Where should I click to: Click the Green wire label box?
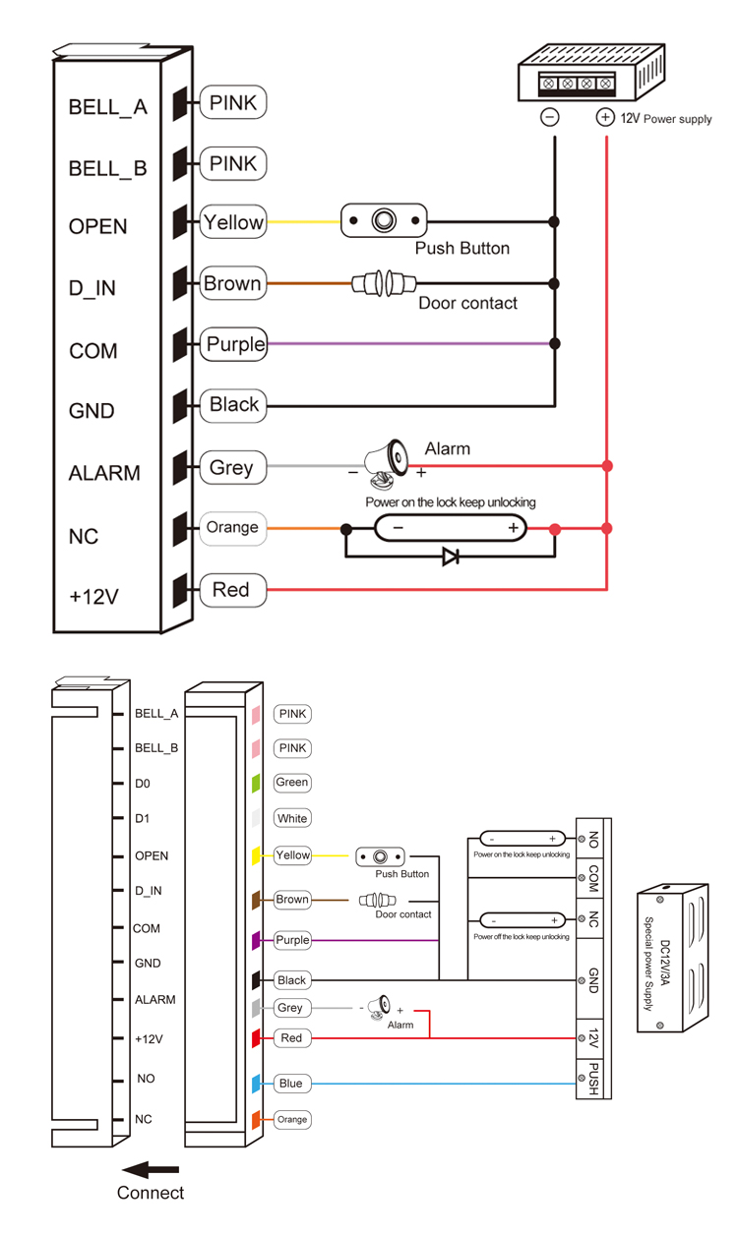click(292, 783)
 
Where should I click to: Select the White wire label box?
click(292, 818)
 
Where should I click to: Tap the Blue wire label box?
click(290, 1084)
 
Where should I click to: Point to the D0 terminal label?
click(145, 784)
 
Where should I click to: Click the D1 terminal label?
click(144, 818)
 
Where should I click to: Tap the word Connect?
click(151, 1194)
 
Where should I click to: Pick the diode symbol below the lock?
click(451, 557)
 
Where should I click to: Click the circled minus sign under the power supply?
click(550, 118)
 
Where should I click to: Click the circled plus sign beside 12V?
click(605, 118)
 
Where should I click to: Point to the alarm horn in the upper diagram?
click(385, 462)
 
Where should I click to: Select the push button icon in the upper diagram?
click(384, 221)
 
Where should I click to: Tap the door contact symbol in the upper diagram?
click(377, 284)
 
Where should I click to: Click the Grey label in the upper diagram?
click(232, 468)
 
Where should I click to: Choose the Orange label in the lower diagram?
click(292, 1120)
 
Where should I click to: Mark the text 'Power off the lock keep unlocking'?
click(521, 937)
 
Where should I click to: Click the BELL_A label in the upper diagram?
click(107, 107)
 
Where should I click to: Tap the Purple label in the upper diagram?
click(234, 344)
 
